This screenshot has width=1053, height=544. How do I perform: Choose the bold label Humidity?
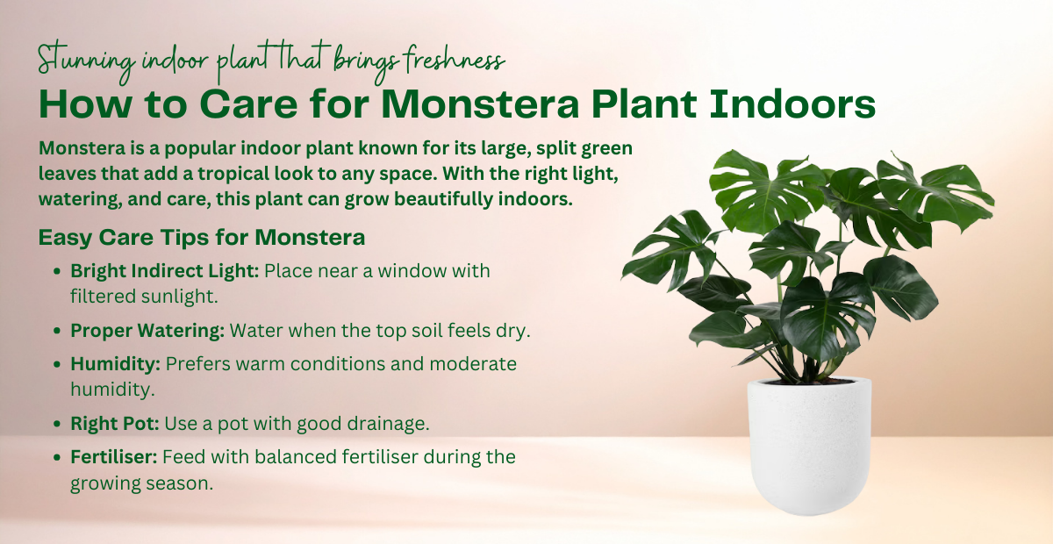point(115,363)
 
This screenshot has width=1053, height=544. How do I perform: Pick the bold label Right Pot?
point(115,424)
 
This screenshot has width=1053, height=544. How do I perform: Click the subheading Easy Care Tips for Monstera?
point(202,238)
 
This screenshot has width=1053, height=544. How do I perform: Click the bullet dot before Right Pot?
point(58,425)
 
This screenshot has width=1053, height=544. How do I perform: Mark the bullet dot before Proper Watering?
point(58,333)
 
